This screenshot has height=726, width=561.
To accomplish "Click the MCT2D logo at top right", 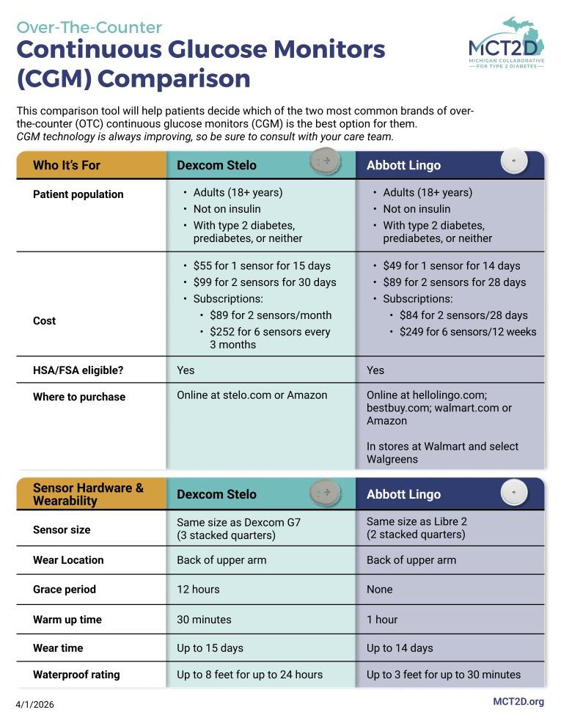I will tap(506, 44).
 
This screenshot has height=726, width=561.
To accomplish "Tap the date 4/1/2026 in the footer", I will tap(35, 705).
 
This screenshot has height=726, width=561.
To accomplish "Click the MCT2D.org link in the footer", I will tap(518, 702).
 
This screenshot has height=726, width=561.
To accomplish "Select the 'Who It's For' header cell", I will tap(67, 165).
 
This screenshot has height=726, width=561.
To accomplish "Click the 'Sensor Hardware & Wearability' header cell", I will tap(88, 494).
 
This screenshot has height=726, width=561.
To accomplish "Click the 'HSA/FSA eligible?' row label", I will tap(78, 370).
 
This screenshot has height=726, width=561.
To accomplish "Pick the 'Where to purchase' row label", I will tap(79, 397).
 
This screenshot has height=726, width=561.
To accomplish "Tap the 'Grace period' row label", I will tap(65, 590).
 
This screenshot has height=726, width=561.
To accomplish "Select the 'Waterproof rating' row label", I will tap(76, 675).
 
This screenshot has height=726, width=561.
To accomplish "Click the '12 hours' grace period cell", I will tap(198, 590).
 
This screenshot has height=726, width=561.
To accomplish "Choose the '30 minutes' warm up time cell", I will tap(204, 620).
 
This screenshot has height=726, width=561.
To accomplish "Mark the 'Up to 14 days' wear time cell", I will tap(400, 648).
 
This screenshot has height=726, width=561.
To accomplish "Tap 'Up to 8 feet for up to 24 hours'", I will tap(249, 675).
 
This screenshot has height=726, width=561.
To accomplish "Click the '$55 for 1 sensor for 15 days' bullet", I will tap(262, 265).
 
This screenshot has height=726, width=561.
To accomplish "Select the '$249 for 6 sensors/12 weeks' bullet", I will tap(468, 331).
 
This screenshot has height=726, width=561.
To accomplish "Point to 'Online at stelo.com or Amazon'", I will tap(252, 395).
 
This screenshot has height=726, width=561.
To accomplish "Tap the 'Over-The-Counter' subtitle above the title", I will tap(89, 28).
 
